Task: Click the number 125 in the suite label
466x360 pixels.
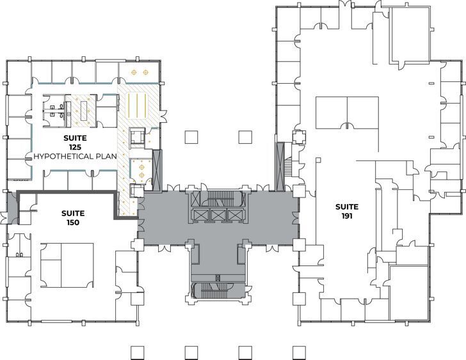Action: [x=75, y=147]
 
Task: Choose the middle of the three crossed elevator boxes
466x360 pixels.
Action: [x=219, y=215]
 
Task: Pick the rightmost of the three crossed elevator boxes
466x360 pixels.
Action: [x=237, y=215]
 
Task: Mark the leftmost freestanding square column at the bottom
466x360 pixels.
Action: [x=136, y=352]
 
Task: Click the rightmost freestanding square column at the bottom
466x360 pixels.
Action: [x=297, y=352]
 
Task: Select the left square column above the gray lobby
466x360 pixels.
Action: [x=190, y=136]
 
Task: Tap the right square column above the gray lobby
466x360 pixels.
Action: [x=244, y=136]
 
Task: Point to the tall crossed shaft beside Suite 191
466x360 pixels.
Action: [x=280, y=166]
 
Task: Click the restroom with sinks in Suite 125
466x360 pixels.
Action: [x=58, y=109]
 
